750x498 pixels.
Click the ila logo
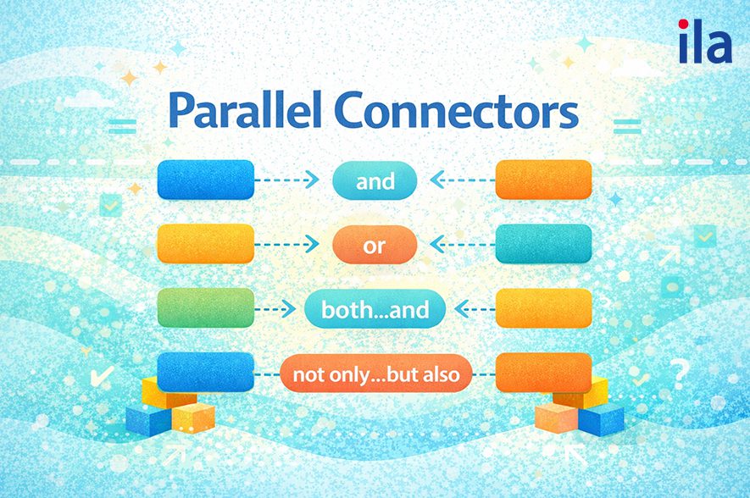[x=704, y=42]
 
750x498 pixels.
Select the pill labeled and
[x=375, y=180]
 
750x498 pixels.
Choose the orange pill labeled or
[x=375, y=245]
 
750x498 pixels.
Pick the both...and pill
[x=375, y=309]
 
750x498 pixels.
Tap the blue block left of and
[x=206, y=180]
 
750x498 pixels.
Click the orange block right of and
[x=543, y=180]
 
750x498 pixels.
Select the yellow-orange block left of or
[x=206, y=244]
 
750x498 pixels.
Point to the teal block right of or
[x=543, y=244]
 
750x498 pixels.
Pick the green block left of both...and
[x=206, y=308]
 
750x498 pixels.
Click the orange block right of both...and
[x=543, y=308]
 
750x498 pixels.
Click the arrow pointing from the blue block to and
[x=287, y=180]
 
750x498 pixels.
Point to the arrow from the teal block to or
[x=462, y=244]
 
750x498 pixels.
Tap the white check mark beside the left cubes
[x=106, y=375]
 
